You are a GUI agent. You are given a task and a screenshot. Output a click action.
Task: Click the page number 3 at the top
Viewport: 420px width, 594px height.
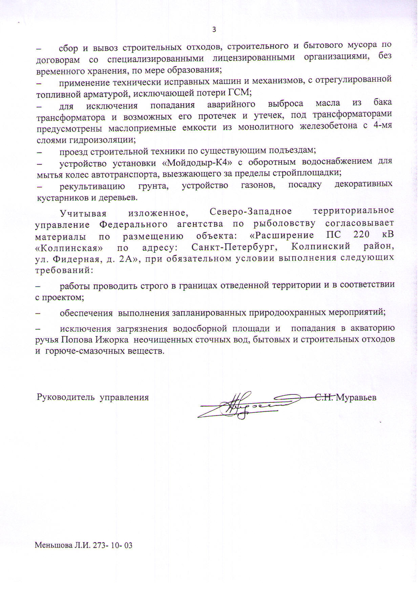214,29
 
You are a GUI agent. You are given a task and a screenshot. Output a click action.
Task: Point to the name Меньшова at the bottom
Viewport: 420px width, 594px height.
51,546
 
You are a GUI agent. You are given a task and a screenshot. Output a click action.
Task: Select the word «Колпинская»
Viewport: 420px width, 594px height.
69,247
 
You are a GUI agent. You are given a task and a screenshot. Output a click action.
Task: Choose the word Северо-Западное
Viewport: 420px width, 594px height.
251,211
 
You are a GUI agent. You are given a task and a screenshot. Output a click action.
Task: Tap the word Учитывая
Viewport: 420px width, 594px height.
83,213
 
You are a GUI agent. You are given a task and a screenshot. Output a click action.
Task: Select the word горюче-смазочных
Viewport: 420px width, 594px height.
80,351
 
